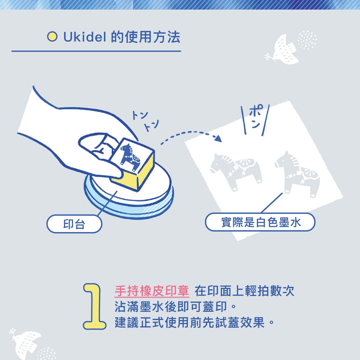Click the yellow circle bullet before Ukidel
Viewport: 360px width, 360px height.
[52, 37]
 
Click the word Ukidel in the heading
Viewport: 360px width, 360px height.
[85, 37]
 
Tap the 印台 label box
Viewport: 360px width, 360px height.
[74, 224]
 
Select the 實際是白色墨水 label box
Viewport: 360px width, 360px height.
[260, 222]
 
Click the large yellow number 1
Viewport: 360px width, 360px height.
[94, 306]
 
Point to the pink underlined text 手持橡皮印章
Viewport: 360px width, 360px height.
[152, 291]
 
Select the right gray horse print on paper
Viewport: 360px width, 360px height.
[297, 174]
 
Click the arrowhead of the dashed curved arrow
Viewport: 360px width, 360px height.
[218, 139]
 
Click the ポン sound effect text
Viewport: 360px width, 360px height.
[256, 116]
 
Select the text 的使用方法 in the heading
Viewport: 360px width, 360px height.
[145, 37]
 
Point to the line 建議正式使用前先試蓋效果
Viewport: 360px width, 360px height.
[194, 322]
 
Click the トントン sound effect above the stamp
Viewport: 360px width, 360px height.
[145, 121]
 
